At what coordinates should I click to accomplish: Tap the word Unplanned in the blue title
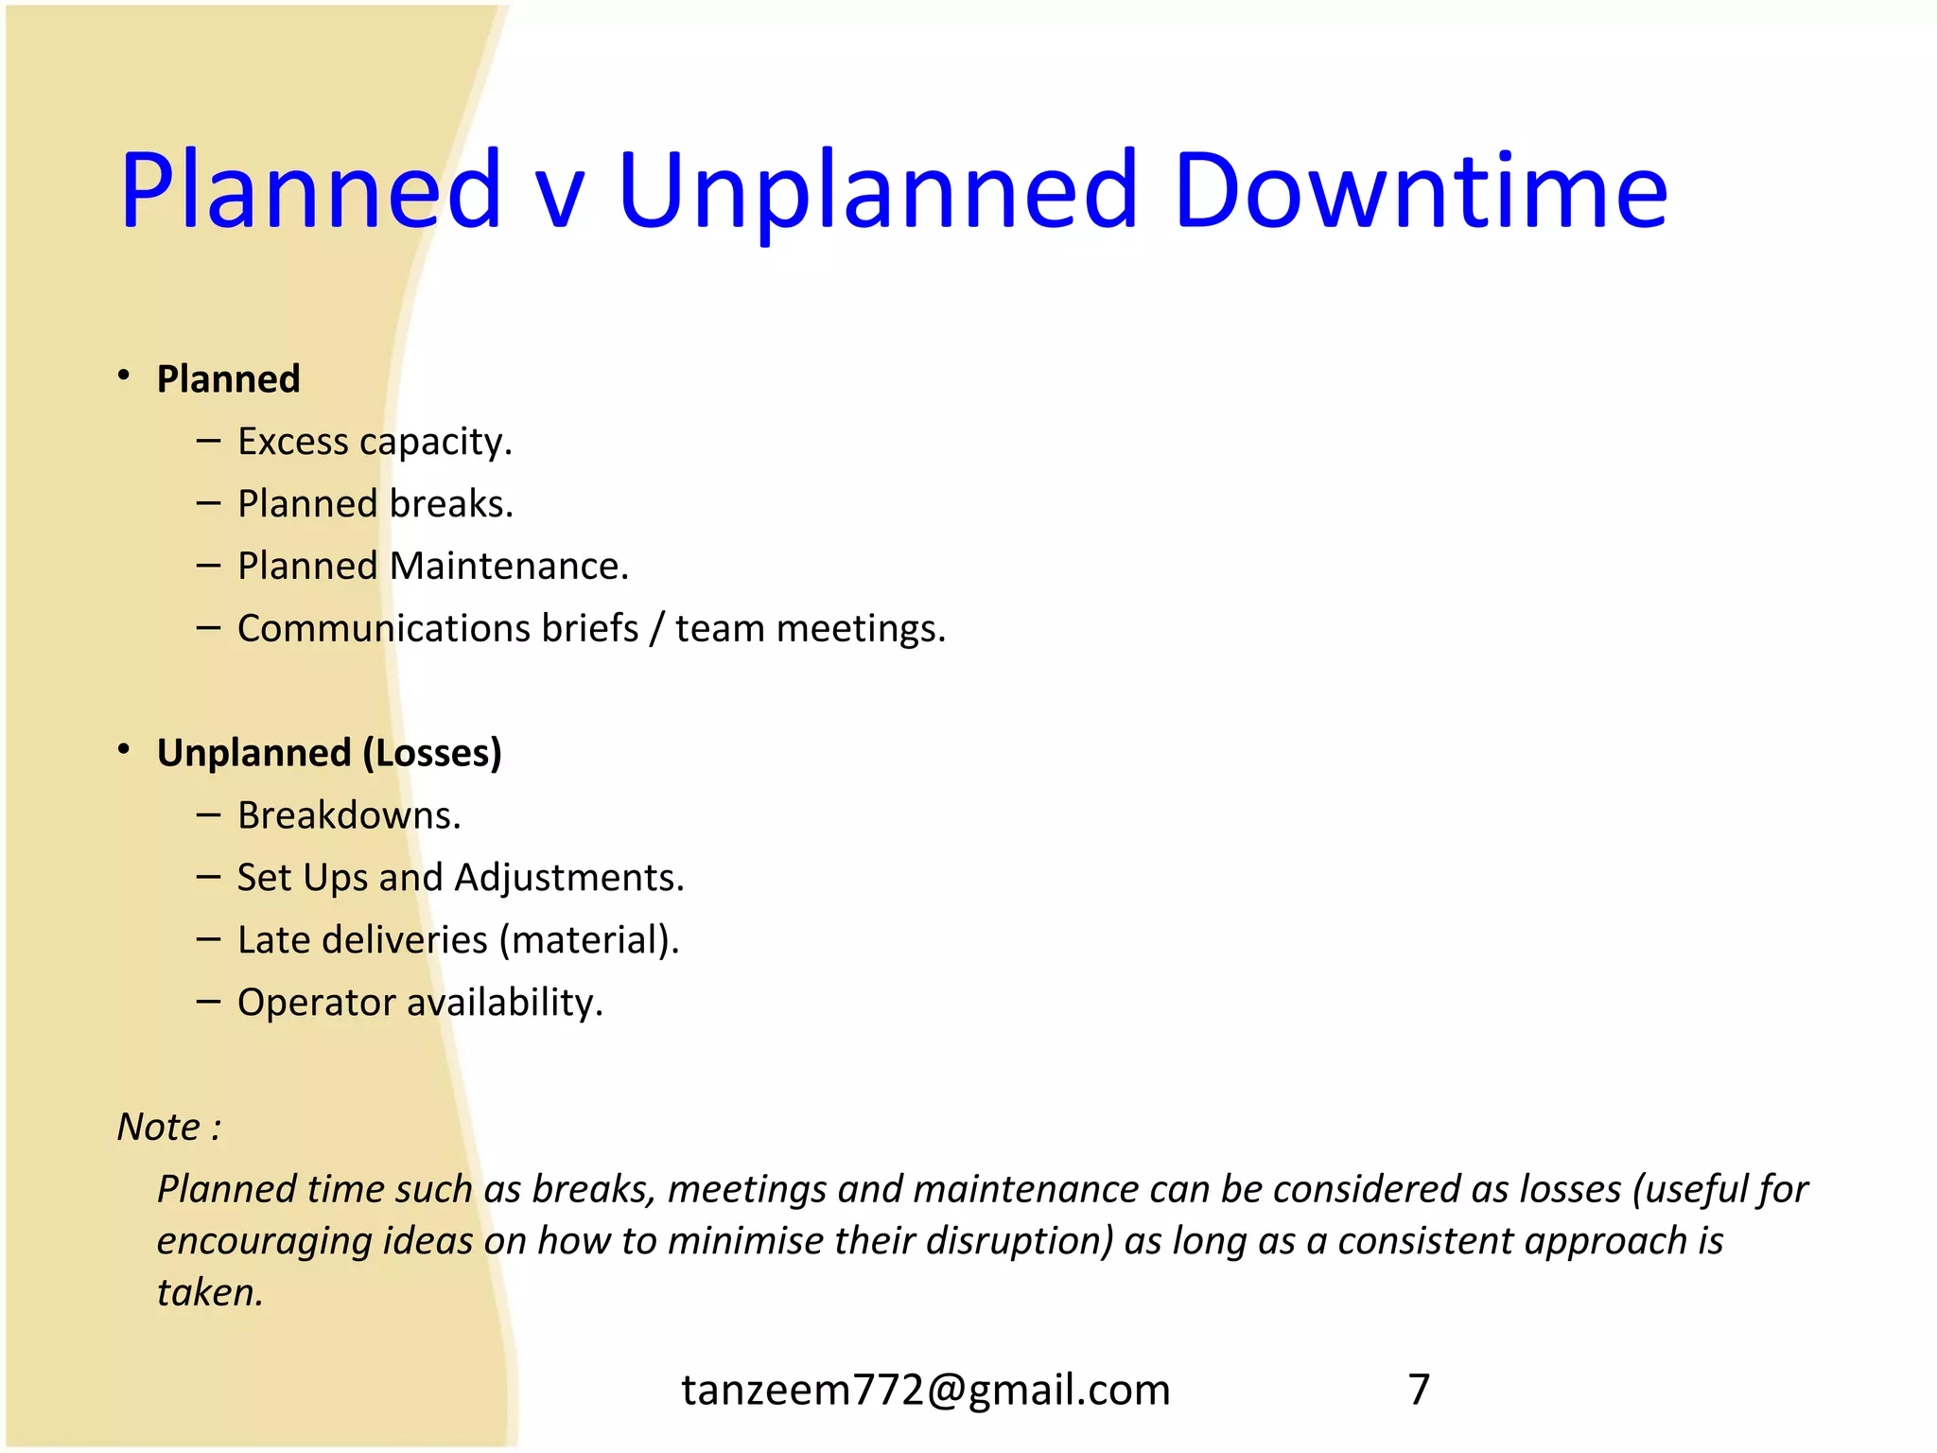(x=878, y=191)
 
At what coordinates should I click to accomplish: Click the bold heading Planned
(x=229, y=378)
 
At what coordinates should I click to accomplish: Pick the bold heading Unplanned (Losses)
(x=329, y=753)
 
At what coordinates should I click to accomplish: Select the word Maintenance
(x=509, y=566)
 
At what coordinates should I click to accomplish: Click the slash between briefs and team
(x=656, y=629)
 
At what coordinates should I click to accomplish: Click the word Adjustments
(x=569, y=878)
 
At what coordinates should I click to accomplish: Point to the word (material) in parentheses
(x=589, y=940)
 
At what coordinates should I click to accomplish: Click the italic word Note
(x=159, y=1127)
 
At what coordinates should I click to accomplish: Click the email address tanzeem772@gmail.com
(x=926, y=1390)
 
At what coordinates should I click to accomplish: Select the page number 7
(x=1419, y=1390)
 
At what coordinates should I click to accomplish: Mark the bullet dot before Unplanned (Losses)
(x=124, y=750)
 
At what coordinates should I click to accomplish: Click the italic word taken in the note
(x=209, y=1292)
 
